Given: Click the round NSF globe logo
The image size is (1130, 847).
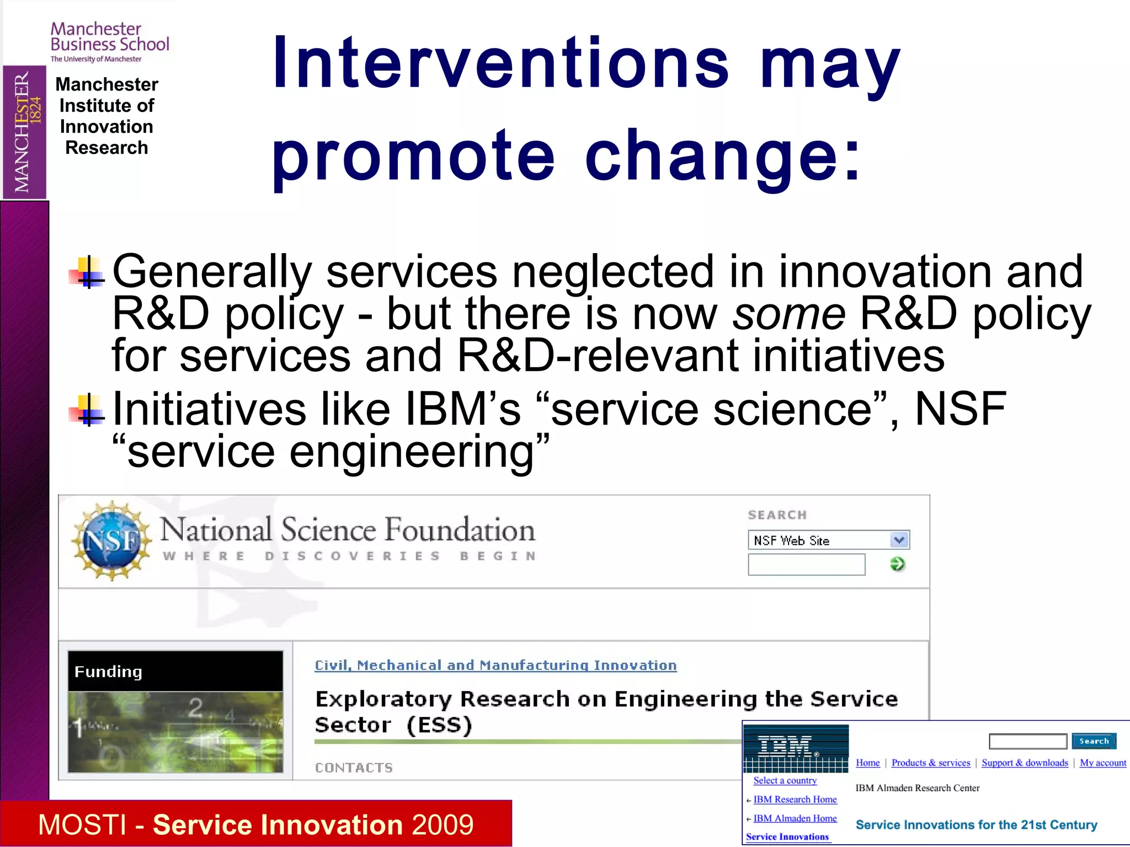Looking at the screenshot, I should pos(113,541).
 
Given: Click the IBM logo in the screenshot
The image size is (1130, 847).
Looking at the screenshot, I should pos(795,748).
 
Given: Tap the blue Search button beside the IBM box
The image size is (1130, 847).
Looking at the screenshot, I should pos(1094,741).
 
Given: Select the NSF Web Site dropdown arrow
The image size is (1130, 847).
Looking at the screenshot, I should pos(899,540).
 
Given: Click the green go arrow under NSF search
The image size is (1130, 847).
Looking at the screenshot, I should pos(898,564).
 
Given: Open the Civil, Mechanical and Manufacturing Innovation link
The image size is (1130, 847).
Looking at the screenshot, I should pos(495,666).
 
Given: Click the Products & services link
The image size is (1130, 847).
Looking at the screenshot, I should pos(930,763).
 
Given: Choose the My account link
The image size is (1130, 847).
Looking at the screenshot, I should pos(1102,763).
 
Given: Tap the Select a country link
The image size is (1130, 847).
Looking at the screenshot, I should pos(785,780).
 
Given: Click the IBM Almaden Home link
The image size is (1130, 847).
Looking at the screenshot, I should pos(795,818).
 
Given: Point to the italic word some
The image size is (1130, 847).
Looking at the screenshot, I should pos(788,313).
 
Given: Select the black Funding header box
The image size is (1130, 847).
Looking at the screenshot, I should pos(175,671).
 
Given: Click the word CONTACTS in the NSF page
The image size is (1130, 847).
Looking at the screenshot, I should pos(354,768).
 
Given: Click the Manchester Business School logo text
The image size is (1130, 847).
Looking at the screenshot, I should pos(109,37).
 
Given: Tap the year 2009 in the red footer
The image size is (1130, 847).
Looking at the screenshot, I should pos(442,824).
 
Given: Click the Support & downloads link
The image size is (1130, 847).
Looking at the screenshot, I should pos(1025,763).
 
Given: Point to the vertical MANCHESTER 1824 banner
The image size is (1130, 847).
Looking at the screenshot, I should pos(24,132).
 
